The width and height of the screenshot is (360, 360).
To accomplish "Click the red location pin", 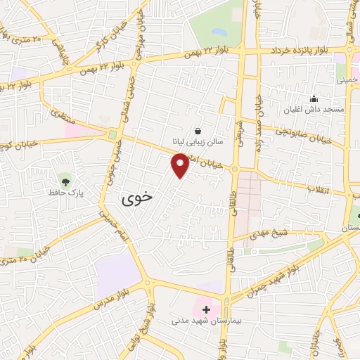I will click(180, 166).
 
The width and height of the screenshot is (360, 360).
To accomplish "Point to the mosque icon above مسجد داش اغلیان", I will click(314, 99).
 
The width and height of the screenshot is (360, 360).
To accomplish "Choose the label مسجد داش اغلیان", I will click(313, 110).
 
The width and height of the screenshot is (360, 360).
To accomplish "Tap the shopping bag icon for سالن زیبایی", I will click(198, 130).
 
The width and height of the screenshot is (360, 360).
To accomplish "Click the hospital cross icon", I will click(206, 309).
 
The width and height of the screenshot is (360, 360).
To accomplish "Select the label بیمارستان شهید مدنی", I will click(206, 321).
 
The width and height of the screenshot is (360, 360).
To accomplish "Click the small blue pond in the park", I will click(219, 32).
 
